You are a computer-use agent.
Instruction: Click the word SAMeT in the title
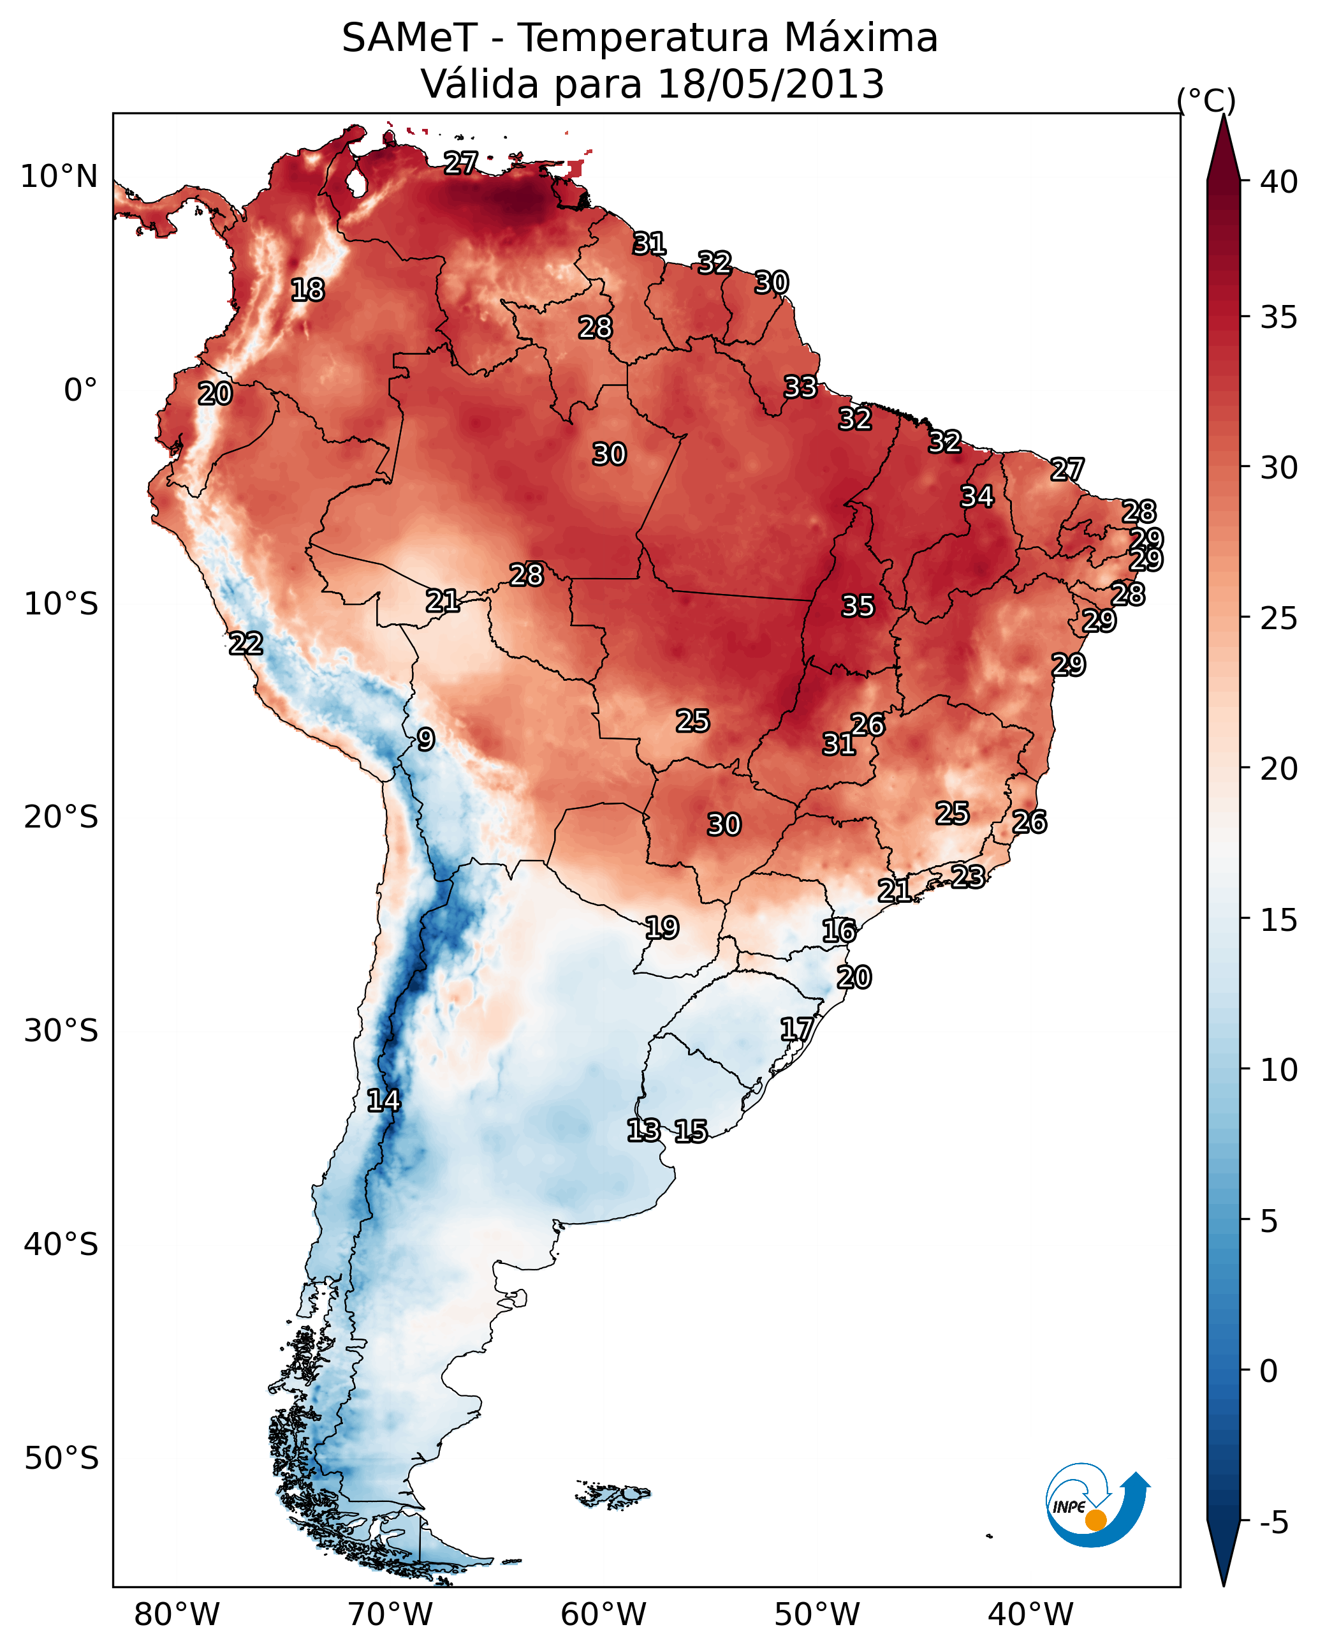coord(409,38)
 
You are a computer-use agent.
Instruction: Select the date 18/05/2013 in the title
coord(770,84)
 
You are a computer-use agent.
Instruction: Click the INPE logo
coord(1097,1508)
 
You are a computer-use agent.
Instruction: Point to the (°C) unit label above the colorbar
coord(1206,100)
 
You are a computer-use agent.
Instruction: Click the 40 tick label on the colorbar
coord(1279,182)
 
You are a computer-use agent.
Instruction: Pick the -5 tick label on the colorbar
coord(1273,1523)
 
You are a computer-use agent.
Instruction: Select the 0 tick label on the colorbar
coord(1268,1371)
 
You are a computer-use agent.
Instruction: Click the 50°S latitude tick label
coord(61,1459)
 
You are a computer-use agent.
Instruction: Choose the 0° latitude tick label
coord(80,390)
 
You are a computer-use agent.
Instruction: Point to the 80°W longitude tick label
coord(177,1616)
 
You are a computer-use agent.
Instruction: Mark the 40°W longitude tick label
coord(1030,1616)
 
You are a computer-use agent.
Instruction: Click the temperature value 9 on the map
coord(426,740)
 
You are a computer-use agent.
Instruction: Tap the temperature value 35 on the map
coord(858,606)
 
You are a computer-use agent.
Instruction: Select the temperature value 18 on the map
coord(307,290)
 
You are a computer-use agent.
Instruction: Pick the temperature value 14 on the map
coord(383,1101)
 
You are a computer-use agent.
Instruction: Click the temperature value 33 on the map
coord(800,387)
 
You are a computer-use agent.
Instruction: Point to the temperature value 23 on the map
coord(968,876)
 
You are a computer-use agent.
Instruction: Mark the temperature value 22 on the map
coord(245,644)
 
